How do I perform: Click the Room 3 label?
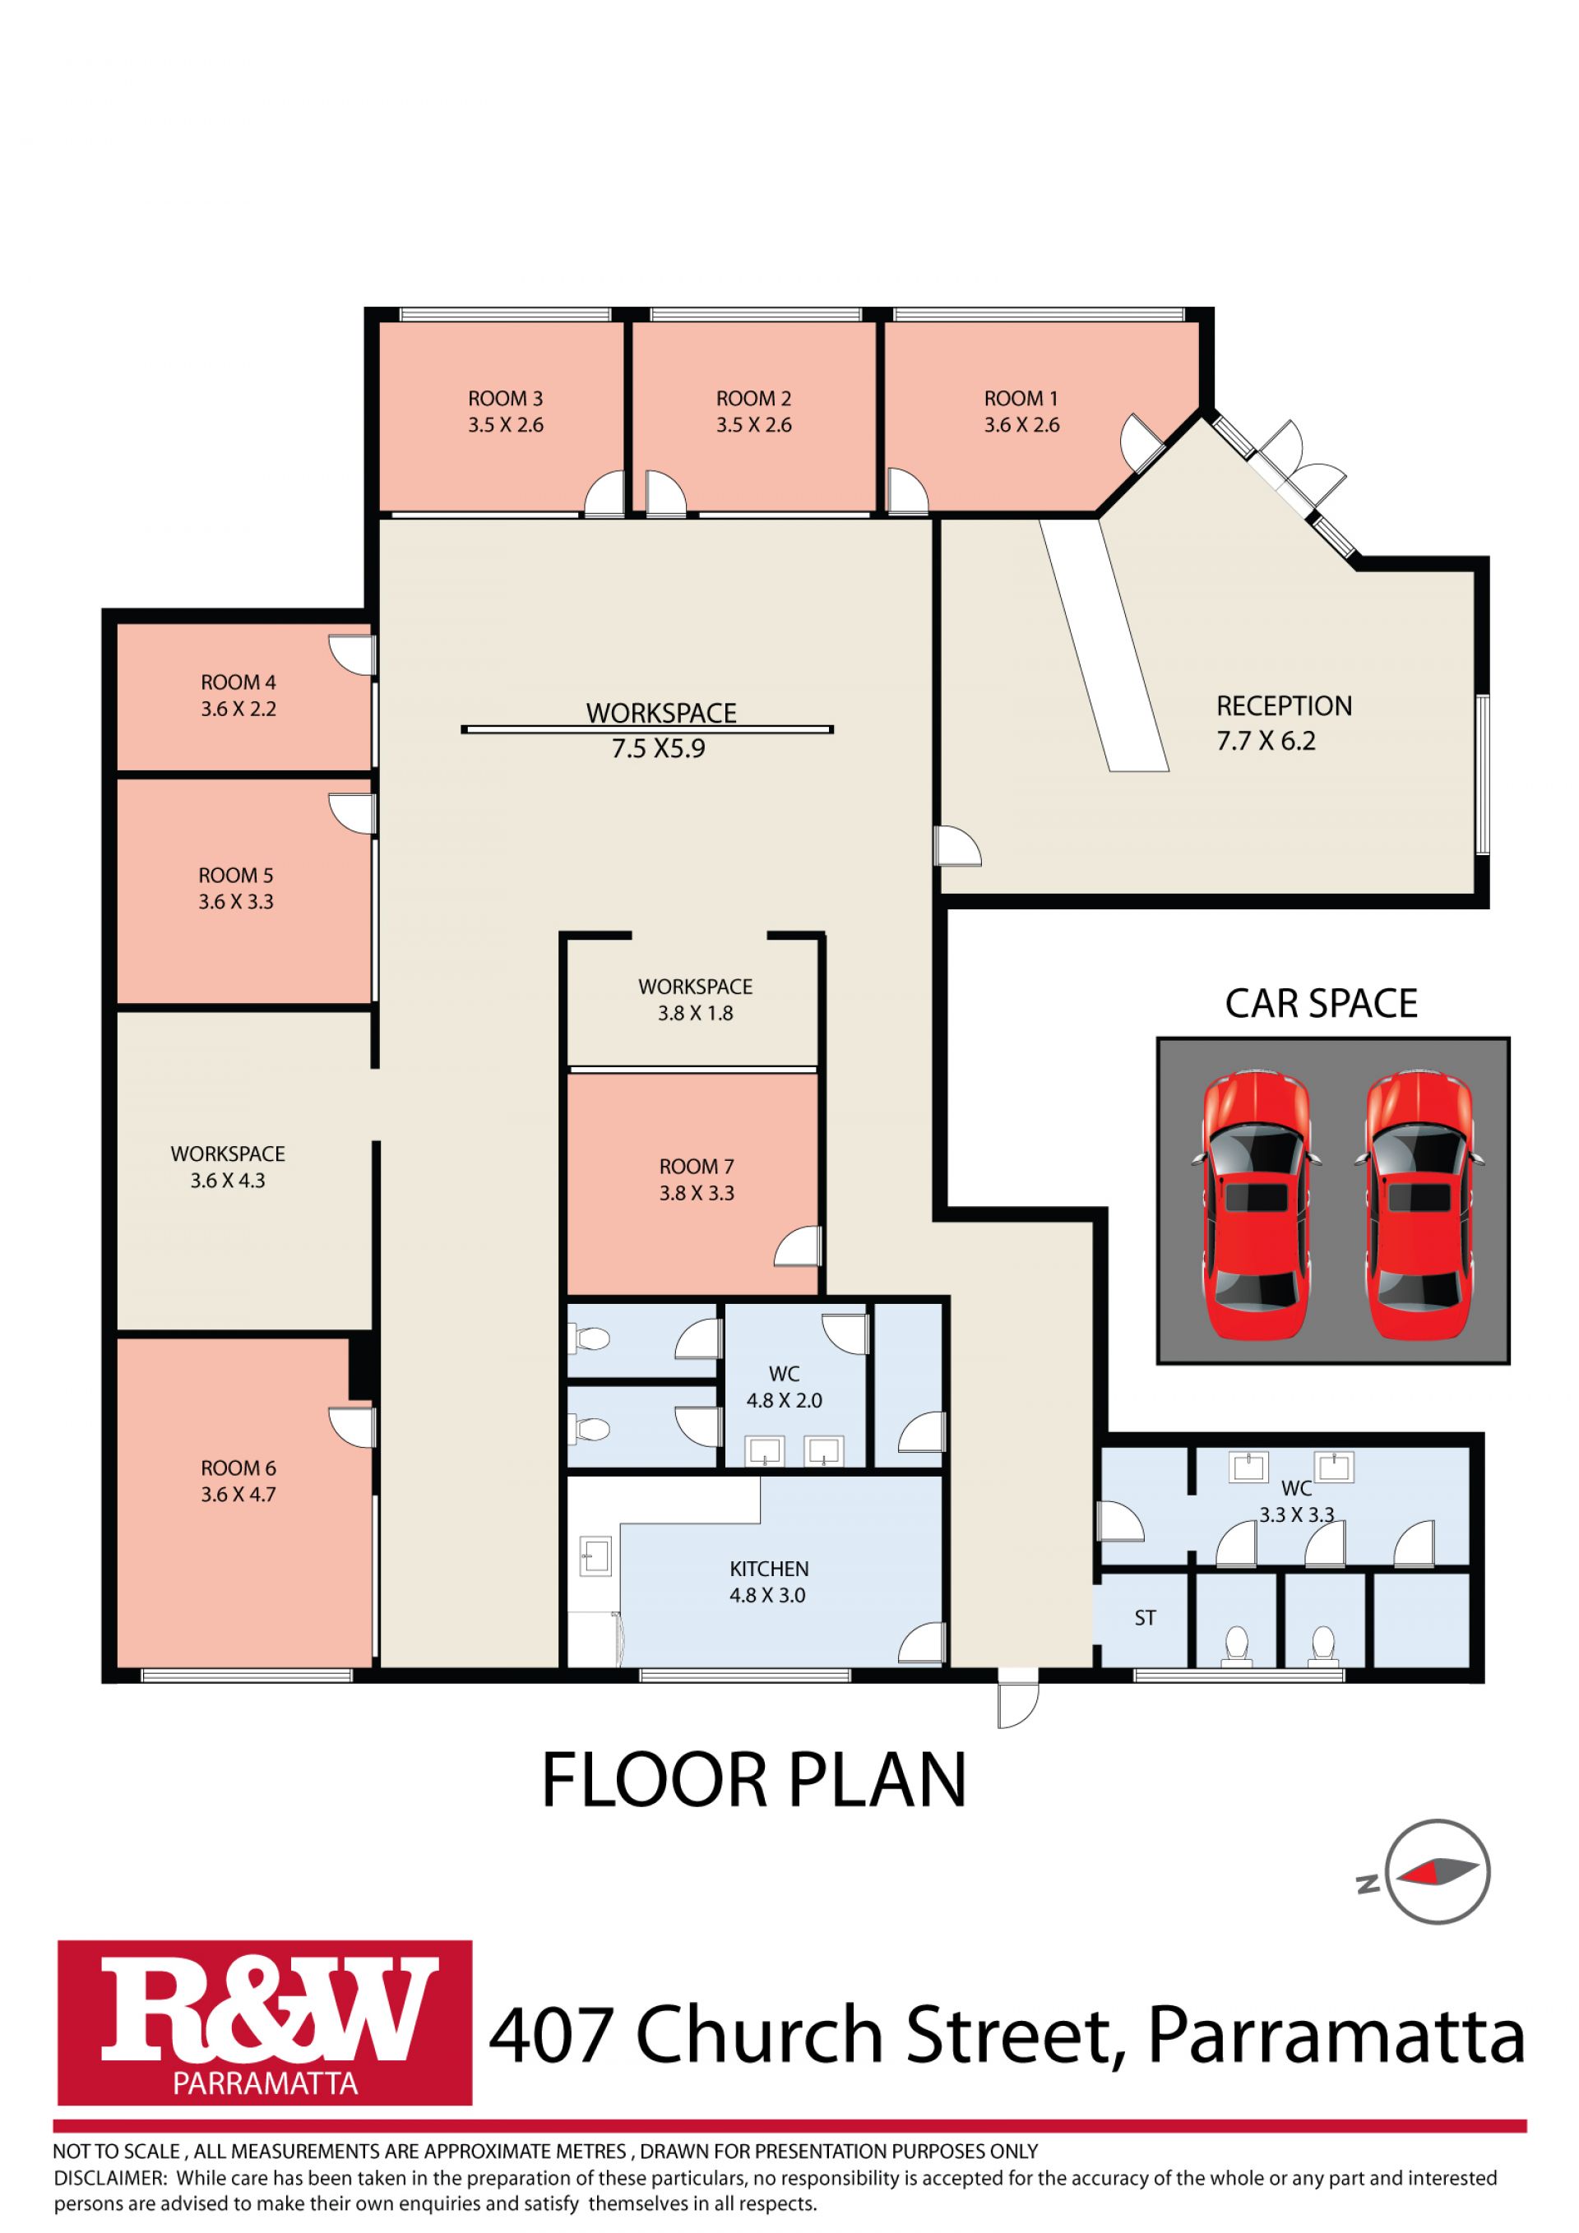[x=505, y=399]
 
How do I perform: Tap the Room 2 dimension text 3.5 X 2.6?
[x=754, y=425]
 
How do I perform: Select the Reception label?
[x=1285, y=706]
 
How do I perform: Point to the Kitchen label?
[x=769, y=1569]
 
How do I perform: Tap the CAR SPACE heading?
[x=1322, y=1004]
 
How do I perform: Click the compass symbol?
[x=1436, y=1872]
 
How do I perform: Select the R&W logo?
[x=265, y=2023]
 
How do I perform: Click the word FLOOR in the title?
[x=654, y=1781]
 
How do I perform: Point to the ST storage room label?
[x=1145, y=1618]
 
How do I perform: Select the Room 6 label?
[x=238, y=1468]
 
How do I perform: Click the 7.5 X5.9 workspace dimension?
[x=659, y=749]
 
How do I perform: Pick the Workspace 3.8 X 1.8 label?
[x=696, y=1000]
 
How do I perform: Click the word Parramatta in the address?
[x=1336, y=2036]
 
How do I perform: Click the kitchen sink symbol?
[x=595, y=1556]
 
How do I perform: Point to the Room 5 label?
[x=236, y=876]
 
